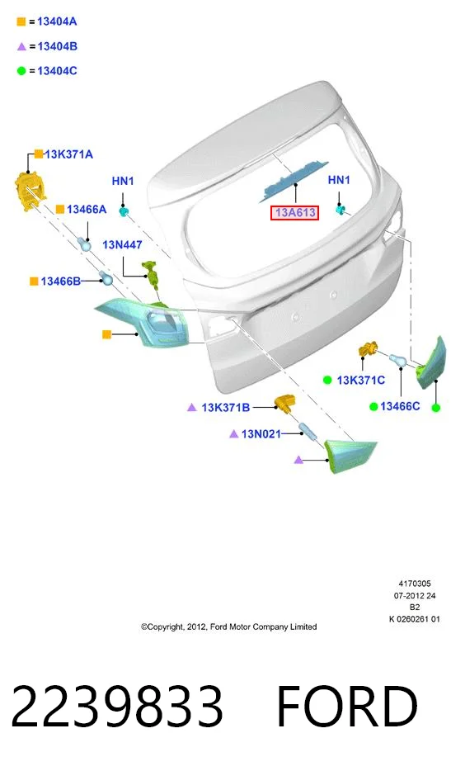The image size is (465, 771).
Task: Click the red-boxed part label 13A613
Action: (x=294, y=212)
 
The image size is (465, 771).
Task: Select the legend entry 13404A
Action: (x=57, y=21)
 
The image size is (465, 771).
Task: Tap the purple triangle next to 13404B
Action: (x=21, y=47)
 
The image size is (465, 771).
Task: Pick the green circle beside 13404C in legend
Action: (x=21, y=71)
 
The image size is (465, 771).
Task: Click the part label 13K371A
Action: (x=68, y=154)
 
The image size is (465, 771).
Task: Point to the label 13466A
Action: (x=87, y=210)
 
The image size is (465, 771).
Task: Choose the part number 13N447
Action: (x=122, y=244)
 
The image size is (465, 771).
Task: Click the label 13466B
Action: (x=60, y=281)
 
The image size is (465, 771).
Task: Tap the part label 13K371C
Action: (x=361, y=380)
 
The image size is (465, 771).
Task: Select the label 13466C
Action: (x=400, y=406)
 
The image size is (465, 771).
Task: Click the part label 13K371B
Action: (x=225, y=408)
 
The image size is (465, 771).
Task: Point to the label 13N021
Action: (x=261, y=433)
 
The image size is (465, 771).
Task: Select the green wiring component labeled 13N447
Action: (x=152, y=276)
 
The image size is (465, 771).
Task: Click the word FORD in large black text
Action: (x=347, y=706)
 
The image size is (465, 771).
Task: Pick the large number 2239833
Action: (x=117, y=706)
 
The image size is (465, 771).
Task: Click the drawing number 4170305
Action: (x=415, y=584)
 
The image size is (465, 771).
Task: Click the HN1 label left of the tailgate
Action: (x=123, y=181)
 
